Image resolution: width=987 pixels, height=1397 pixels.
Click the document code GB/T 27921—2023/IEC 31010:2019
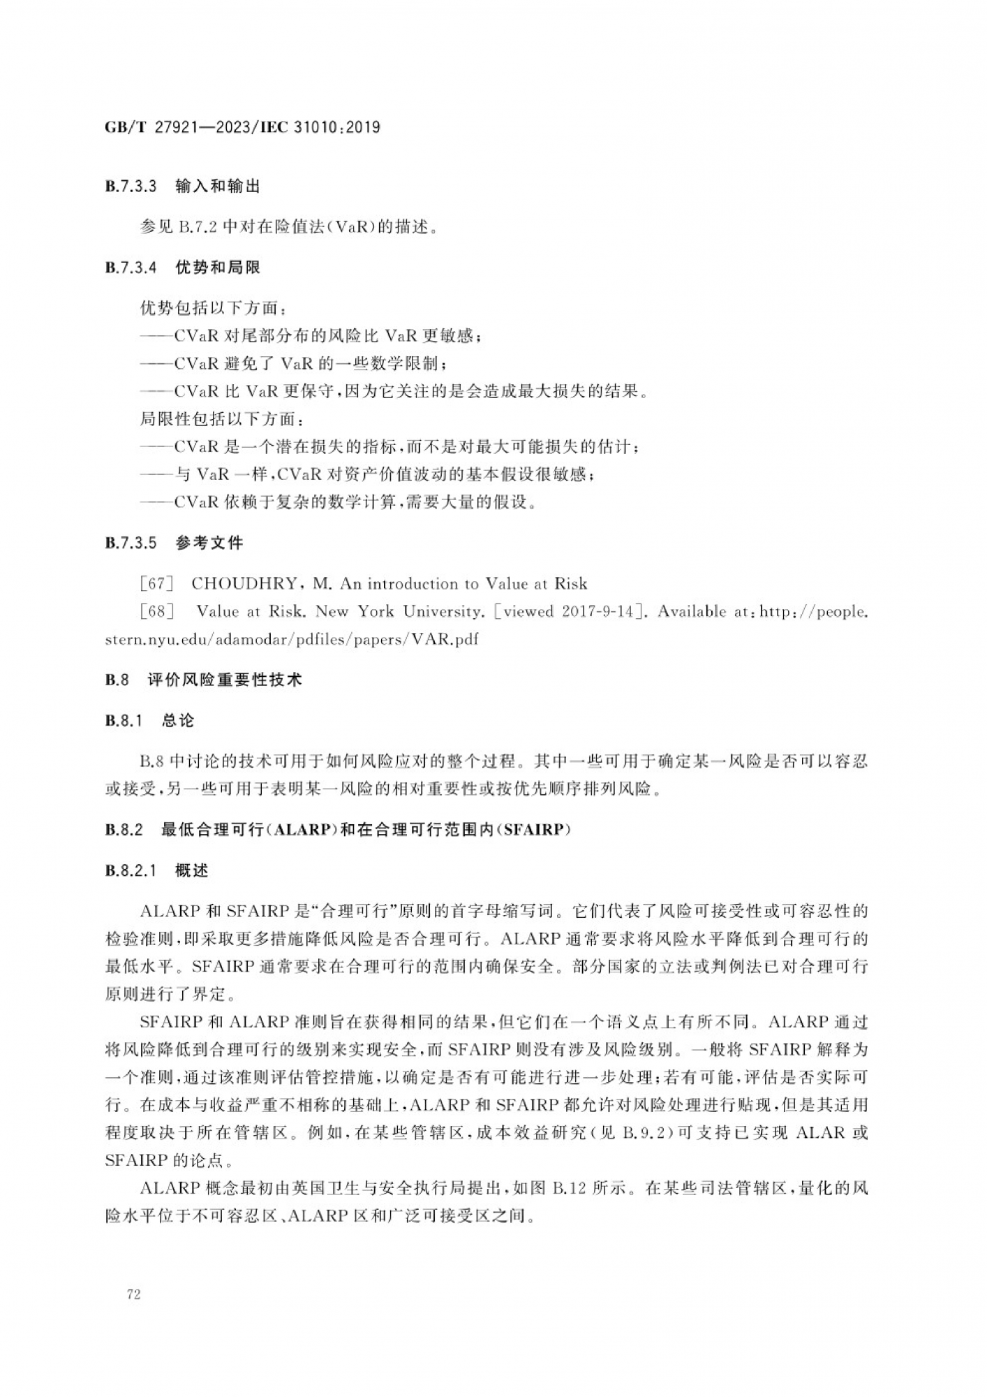pos(242,127)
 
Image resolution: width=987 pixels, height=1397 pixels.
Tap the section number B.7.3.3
pos(131,186)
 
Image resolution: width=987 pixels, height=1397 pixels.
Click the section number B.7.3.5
pos(131,543)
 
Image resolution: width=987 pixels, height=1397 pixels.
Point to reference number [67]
pos(156,584)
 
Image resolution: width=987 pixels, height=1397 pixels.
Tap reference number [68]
pos(156,612)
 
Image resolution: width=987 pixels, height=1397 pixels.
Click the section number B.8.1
pos(124,721)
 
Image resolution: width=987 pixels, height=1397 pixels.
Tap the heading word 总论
pos(178,721)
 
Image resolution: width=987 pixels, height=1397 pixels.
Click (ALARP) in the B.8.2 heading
pos(302,830)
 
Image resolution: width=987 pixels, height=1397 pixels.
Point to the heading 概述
pos(192,871)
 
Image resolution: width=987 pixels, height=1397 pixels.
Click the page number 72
pos(134,1294)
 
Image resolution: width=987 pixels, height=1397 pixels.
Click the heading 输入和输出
pos(218,186)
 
